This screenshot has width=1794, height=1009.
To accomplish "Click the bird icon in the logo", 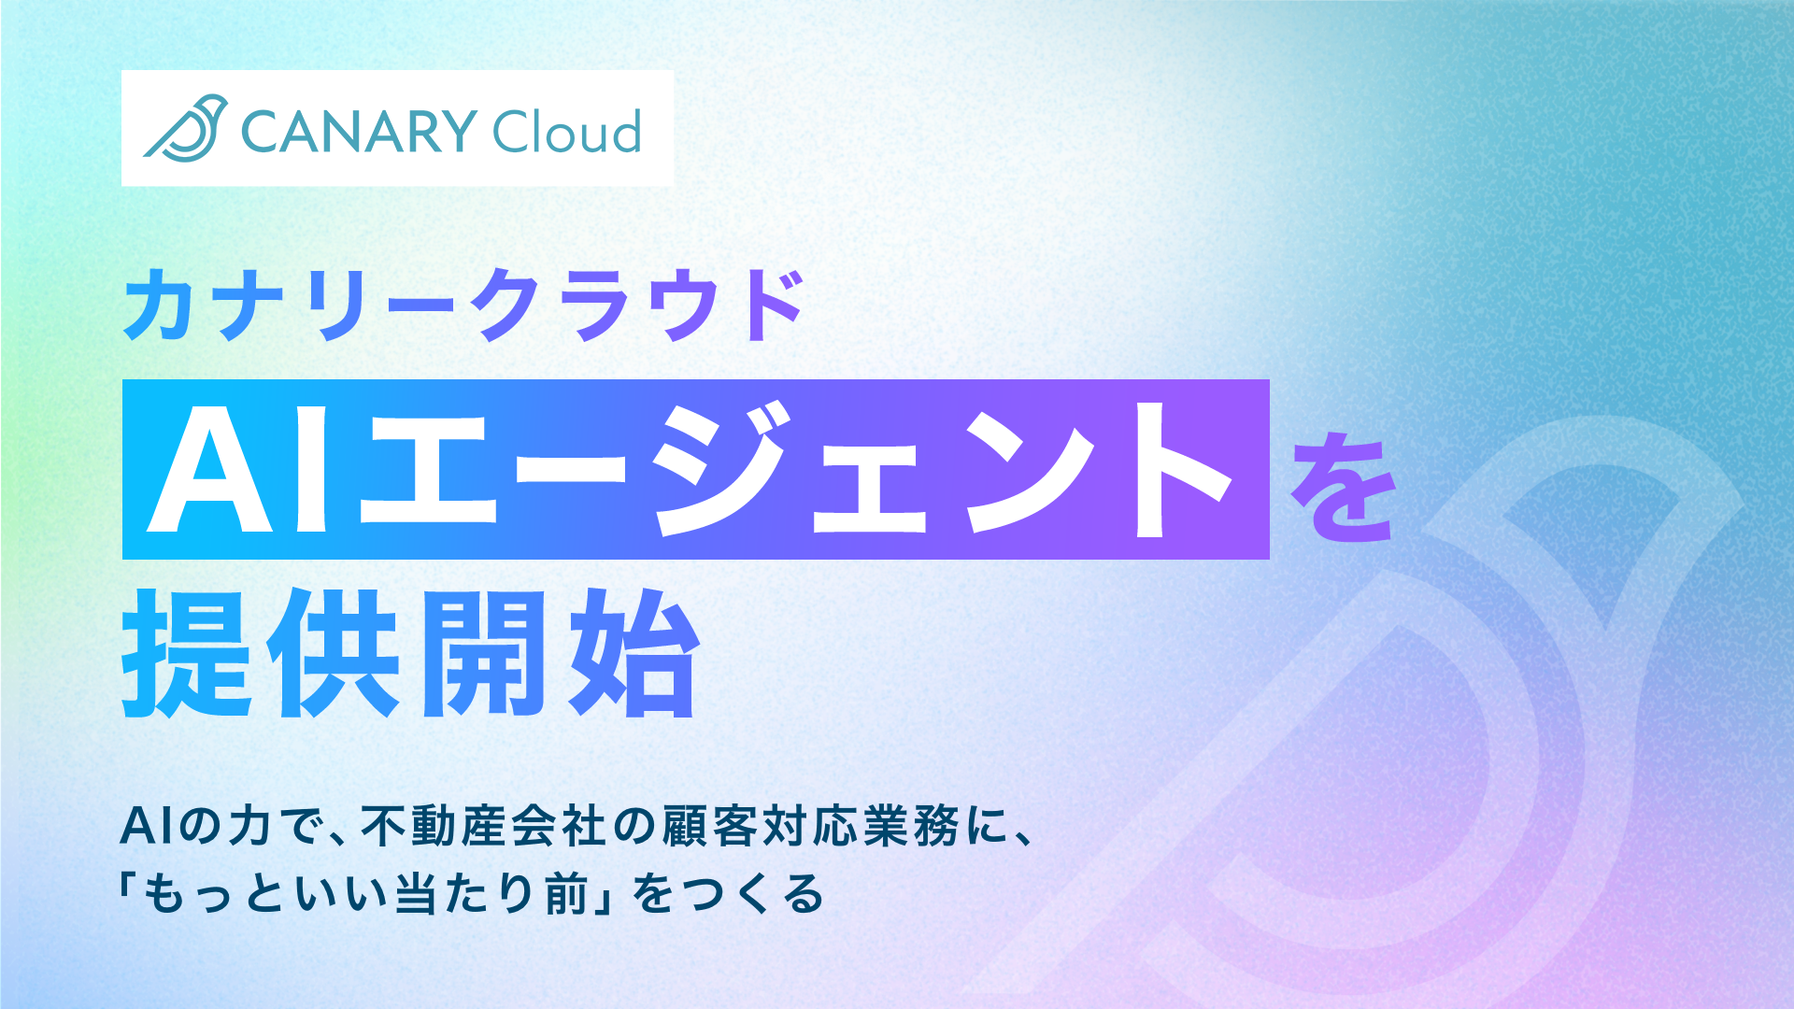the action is click(x=186, y=128).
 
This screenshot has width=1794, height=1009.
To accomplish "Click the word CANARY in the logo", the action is click(x=359, y=131).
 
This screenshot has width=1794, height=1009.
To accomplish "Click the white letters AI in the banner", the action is click(x=241, y=470).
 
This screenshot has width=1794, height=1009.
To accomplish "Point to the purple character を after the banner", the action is click(x=1344, y=487).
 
